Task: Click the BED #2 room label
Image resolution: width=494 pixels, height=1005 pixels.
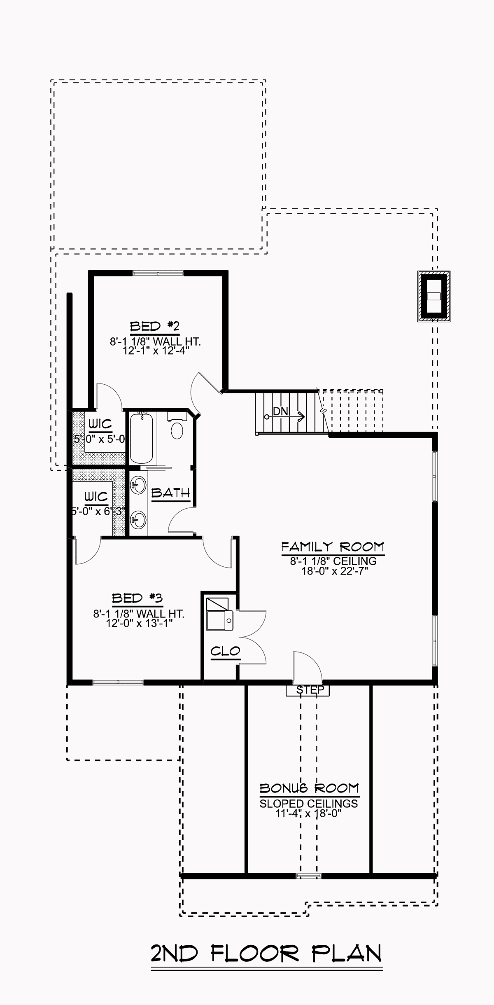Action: tap(155, 327)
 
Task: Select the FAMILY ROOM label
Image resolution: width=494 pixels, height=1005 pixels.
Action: tap(333, 547)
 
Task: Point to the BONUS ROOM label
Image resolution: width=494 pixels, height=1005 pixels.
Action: tap(309, 788)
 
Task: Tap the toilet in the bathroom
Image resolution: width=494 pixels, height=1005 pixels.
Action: tap(177, 430)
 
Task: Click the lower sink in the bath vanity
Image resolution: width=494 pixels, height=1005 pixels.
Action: tap(139, 520)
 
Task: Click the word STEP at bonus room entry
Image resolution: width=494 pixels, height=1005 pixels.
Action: tap(310, 689)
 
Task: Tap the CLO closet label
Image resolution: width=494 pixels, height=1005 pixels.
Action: tap(225, 651)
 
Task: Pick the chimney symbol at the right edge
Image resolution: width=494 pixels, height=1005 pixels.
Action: tap(433, 296)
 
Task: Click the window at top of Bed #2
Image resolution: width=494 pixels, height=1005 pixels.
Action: tap(158, 273)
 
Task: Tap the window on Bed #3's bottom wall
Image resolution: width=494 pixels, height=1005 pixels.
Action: tap(118, 682)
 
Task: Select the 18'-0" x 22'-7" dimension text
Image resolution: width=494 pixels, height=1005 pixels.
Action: tap(334, 571)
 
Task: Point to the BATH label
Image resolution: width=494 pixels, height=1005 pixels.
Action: tap(170, 493)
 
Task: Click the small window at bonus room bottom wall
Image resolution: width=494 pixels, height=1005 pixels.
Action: tap(308, 876)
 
